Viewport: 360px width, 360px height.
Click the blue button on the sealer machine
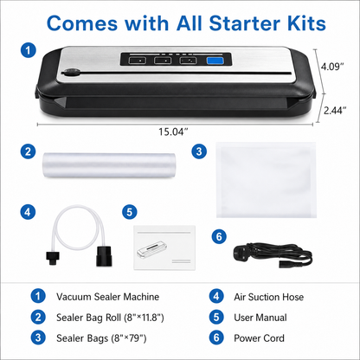[215, 61]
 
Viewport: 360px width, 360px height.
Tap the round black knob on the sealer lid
[70, 73]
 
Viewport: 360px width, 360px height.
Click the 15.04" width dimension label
[173, 132]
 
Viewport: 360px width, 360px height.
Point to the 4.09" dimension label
[332, 67]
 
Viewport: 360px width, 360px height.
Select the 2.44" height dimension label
[335, 110]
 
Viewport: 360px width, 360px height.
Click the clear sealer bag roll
[109, 165]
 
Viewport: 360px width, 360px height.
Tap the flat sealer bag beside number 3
[266, 180]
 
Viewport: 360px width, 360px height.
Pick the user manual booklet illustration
[164, 247]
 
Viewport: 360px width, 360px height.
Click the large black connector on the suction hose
[104, 255]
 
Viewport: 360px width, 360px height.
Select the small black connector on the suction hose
[53, 258]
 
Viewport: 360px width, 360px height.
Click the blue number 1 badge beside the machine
[28, 50]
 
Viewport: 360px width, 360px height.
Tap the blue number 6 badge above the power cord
[219, 236]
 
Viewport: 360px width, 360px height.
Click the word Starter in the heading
[244, 23]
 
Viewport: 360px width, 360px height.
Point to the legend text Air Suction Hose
[269, 297]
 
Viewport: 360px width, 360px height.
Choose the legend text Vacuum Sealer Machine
[107, 297]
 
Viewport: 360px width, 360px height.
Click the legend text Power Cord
[259, 338]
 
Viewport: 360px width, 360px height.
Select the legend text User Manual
[260, 318]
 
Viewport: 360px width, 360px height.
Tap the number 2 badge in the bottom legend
[38, 317]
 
